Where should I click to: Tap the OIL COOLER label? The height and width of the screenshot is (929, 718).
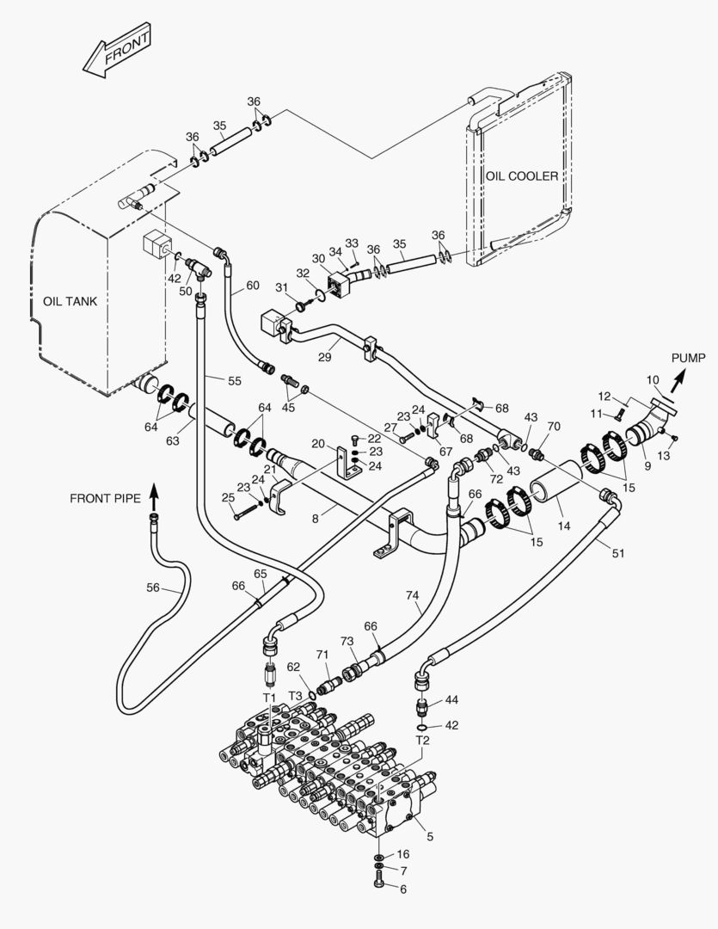coord(521,176)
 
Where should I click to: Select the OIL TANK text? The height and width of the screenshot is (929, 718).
coord(70,301)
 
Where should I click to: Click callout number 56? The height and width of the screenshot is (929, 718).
coord(152,588)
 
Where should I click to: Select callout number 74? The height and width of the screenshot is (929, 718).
coord(414,594)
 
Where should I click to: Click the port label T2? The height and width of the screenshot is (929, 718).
coord(422,740)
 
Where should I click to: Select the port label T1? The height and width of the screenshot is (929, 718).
coord(269,696)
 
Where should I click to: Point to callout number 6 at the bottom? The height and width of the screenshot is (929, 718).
coord(403,890)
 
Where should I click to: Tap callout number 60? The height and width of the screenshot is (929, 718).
coord(252,285)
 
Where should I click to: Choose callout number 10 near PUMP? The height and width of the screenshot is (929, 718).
coord(652,379)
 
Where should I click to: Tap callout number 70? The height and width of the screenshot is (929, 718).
coord(554,425)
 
